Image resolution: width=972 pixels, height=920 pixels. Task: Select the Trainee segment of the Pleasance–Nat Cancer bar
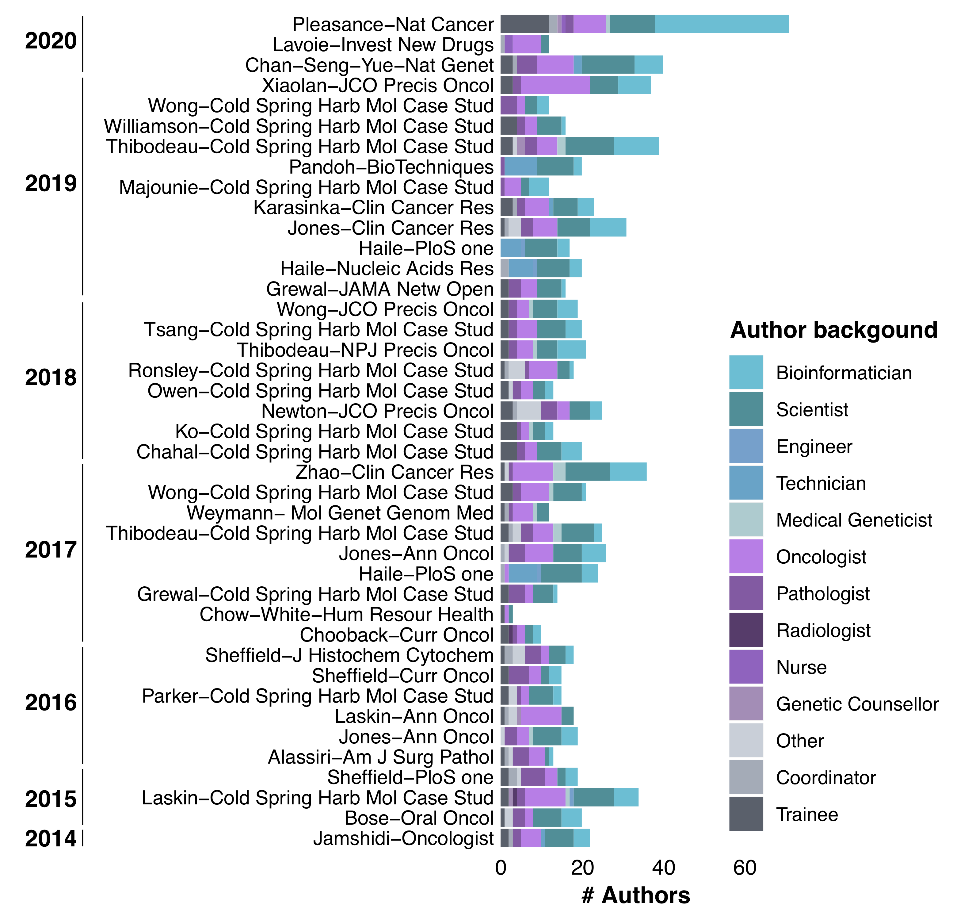tap(524, 24)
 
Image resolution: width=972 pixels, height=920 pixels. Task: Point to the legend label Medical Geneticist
tap(854, 520)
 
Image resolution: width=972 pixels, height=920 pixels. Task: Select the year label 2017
tap(51, 550)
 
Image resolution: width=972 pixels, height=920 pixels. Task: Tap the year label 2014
tap(51, 839)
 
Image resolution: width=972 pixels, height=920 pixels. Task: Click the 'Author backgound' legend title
tap(833, 330)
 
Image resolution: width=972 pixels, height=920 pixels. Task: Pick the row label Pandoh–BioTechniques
tap(391, 167)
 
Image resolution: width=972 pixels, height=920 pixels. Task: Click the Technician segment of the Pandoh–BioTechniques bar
tap(520, 167)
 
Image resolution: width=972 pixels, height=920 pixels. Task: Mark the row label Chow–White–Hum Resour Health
tap(346, 615)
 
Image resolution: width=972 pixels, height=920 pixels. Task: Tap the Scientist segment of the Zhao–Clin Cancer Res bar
tap(587, 472)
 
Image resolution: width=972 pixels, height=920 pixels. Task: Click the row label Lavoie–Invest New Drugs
tap(383, 45)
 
